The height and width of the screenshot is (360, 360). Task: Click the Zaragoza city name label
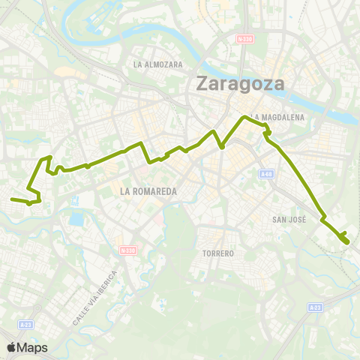point(240,82)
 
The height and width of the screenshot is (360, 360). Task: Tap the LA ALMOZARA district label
point(158,64)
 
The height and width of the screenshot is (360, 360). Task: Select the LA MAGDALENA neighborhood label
point(278,117)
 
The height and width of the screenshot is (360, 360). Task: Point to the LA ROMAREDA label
point(148,191)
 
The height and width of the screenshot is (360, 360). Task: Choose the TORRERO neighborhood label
point(218,253)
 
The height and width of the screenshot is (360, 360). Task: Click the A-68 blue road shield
point(265,174)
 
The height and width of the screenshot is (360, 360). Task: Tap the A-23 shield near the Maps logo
point(27,324)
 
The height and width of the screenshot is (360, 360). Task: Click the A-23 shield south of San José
point(316,307)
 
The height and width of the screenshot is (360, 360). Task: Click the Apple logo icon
point(12,347)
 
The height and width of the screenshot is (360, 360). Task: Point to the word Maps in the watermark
point(33,348)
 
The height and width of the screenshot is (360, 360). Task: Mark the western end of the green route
point(11,199)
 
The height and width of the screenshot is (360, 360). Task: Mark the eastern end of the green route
point(346,242)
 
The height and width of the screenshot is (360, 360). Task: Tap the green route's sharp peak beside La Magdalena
point(242,118)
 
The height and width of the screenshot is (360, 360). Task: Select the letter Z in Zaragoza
point(202,83)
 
